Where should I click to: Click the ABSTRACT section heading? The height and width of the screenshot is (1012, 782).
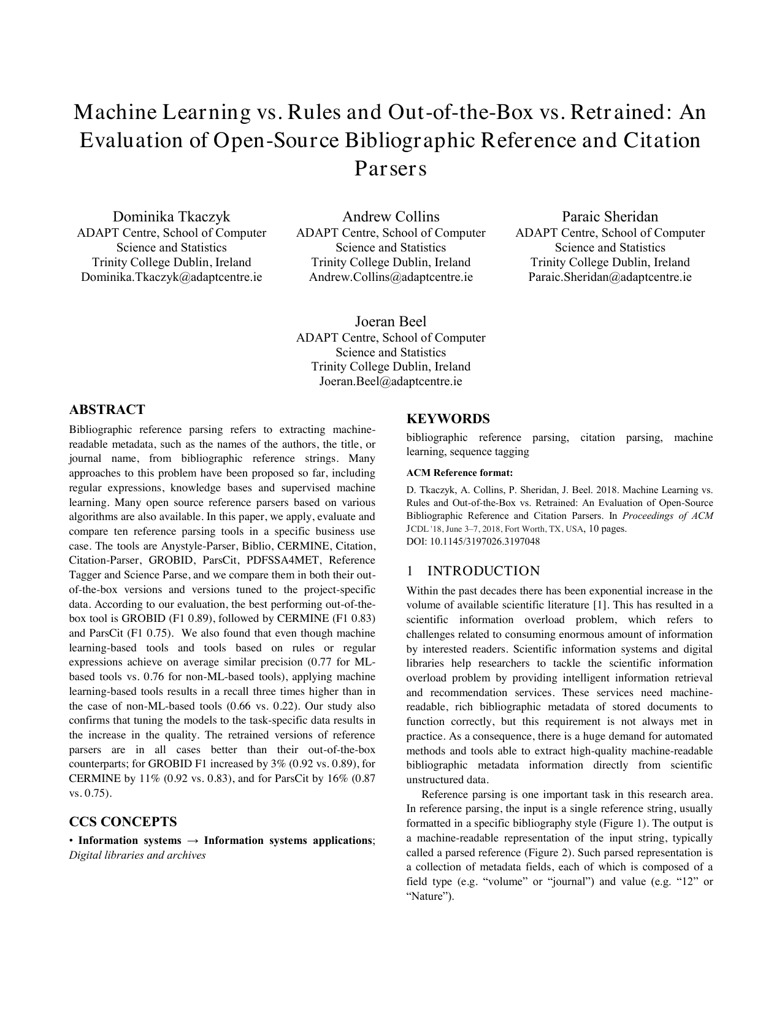[107, 410]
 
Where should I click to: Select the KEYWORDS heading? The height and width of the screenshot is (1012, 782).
[448, 419]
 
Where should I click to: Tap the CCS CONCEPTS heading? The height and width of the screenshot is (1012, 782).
[123, 821]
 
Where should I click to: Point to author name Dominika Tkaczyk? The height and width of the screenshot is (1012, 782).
[171, 217]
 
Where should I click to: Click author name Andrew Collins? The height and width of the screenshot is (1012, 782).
[391, 217]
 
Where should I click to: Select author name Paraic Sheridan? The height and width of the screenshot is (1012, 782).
[610, 217]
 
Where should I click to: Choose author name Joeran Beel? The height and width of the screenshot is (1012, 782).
[391, 321]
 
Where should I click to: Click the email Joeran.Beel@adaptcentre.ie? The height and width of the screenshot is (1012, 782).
[391, 381]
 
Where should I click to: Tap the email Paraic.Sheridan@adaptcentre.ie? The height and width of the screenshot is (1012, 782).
[610, 277]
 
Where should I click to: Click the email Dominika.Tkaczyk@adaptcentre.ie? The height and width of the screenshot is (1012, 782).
[171, 277]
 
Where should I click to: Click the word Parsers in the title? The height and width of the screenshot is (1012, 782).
[391, 169]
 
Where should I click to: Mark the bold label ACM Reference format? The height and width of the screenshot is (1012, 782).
[459, 473]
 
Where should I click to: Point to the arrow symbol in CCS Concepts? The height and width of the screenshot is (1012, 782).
[193, 841]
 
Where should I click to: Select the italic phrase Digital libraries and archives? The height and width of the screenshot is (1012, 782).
[137, 855]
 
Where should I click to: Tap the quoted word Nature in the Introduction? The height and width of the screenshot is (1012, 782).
[429, 896]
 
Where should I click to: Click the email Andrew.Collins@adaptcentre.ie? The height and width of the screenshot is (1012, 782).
[391, 277]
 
